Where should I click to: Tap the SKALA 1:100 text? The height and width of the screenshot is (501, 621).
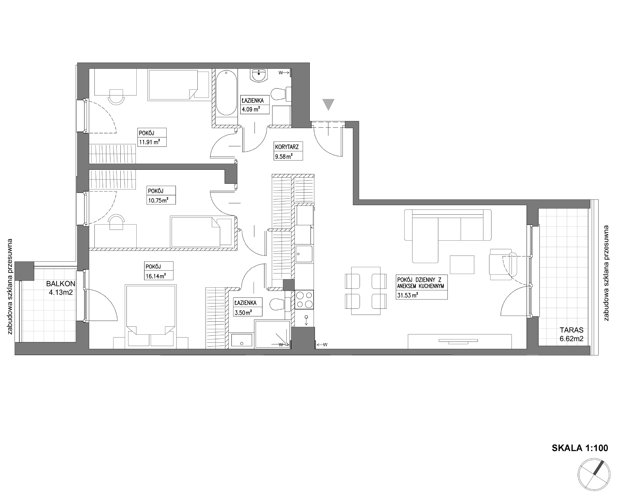[x=580, y=448]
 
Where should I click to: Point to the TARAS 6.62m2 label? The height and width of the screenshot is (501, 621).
[x=572, y=334]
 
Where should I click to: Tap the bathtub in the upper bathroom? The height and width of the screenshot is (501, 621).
[x=227, y=92]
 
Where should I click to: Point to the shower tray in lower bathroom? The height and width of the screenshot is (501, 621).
[x=273, y=334]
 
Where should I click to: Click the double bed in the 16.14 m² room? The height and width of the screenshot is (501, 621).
[x=151, y=317]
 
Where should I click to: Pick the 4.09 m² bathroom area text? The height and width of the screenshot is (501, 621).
[x=251, y=109]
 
